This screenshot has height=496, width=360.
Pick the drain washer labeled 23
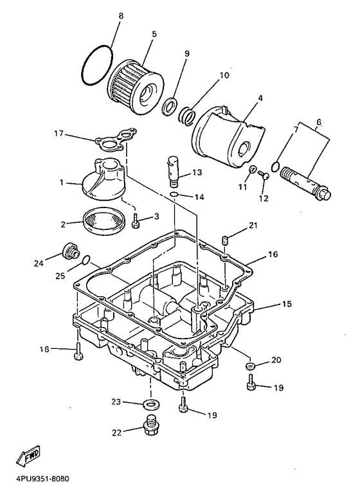click(151, 404)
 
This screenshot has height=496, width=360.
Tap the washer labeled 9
click(170, 106)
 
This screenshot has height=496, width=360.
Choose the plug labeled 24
click(71, 251)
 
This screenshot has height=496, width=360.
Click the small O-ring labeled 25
click(85, 260)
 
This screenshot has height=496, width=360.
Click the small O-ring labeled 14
click(174, 194)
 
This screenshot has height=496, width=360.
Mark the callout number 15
click(287, 304)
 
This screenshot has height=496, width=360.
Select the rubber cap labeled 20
click(251, 366)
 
